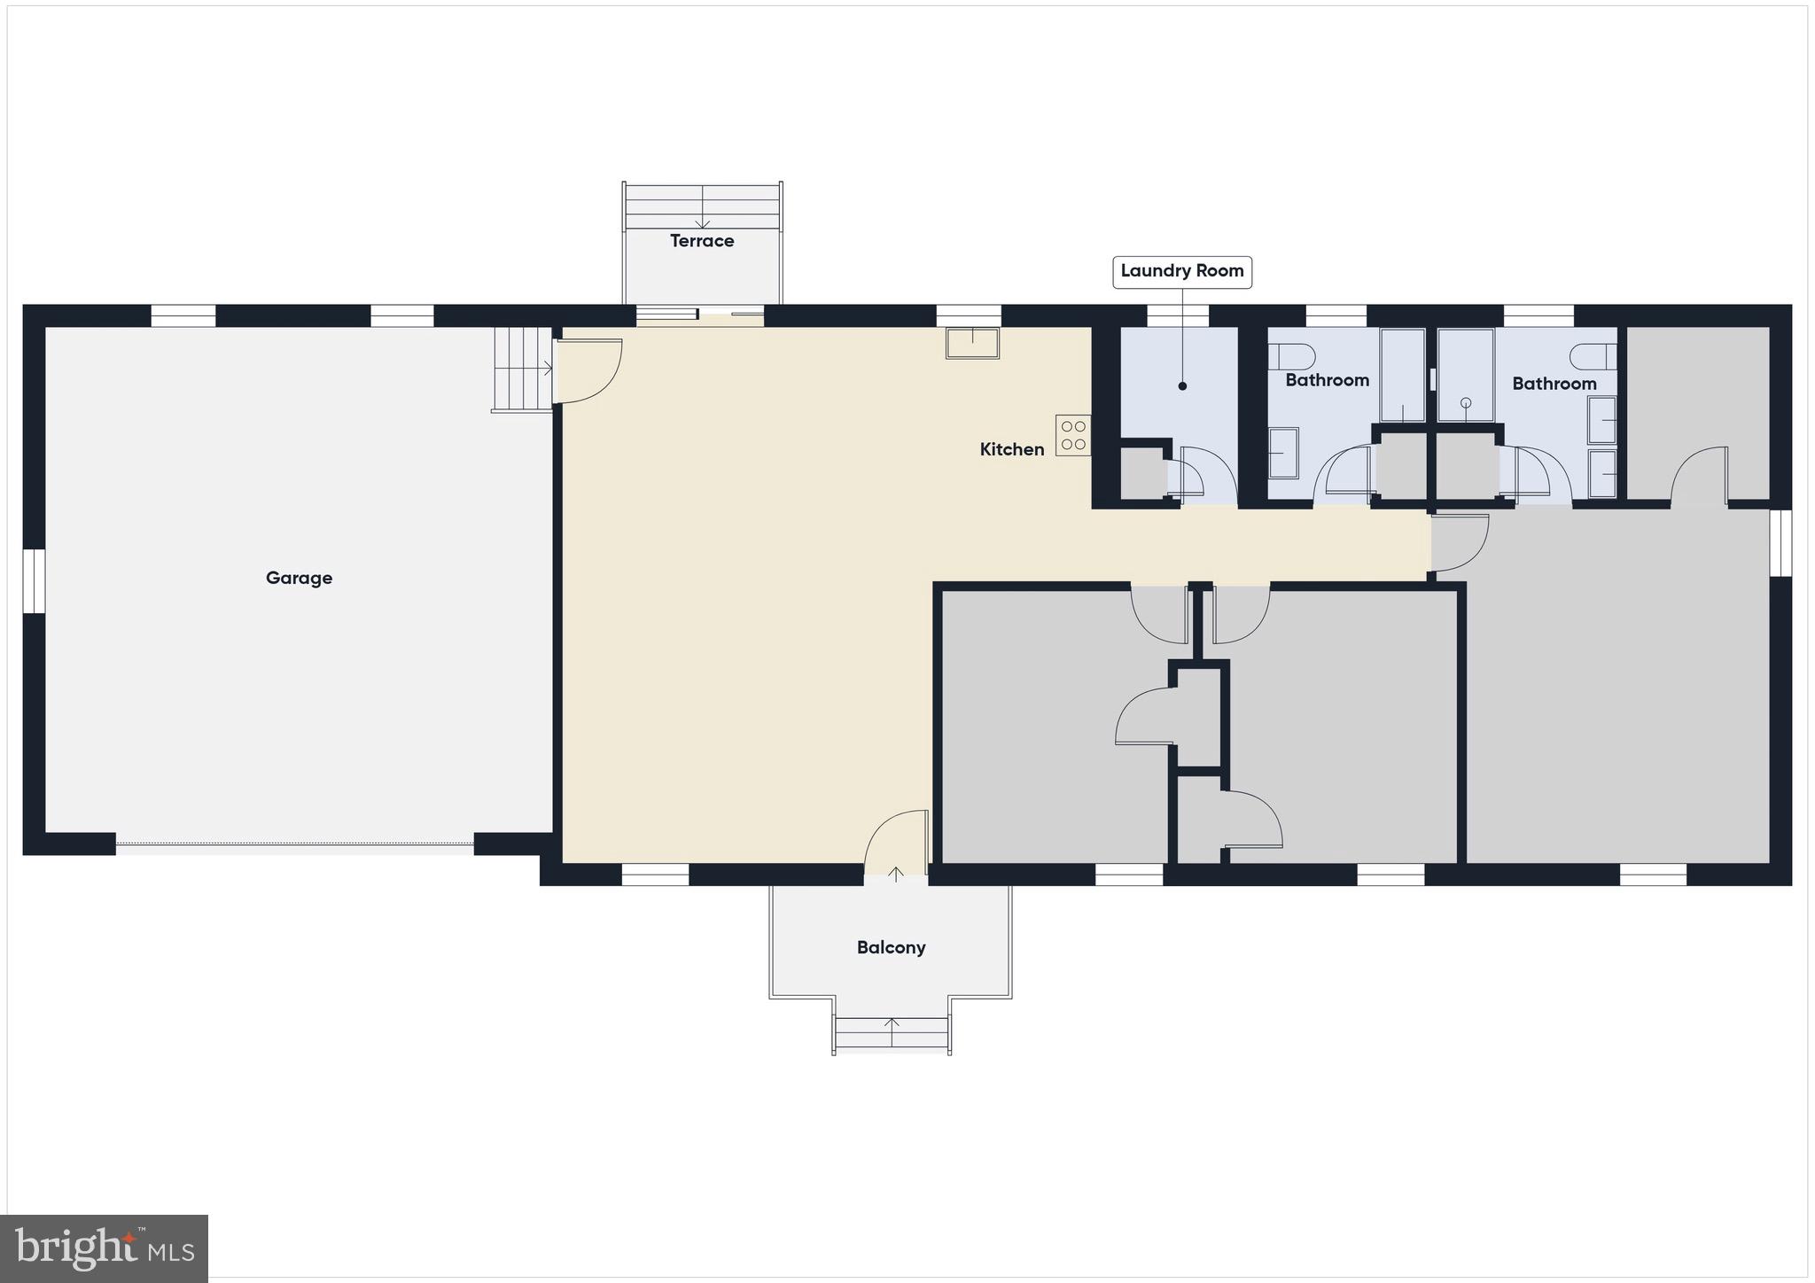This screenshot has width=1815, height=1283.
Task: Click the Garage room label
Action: [299, 579]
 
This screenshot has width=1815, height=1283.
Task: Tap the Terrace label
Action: [702, 241]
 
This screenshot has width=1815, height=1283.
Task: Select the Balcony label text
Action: [891, 947]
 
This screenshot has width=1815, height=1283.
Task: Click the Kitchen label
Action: [1011, 449]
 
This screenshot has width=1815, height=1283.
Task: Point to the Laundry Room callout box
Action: [1181, 271]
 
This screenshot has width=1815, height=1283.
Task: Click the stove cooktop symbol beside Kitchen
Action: [1072, 434]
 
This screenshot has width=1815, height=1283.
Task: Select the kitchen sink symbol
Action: [972, 343]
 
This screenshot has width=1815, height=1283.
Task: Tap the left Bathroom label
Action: [1327, 380]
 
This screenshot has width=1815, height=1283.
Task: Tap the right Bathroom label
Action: [1554, 384]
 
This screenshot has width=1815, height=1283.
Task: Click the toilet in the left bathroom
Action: [1290, 357]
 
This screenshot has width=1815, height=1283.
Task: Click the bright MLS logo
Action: [105, 1248]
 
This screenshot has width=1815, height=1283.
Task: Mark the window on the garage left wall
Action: [34, 581]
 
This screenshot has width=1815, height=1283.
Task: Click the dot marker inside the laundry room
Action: [1182, 386]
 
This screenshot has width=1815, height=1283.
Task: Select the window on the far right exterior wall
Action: [1780, 543]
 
